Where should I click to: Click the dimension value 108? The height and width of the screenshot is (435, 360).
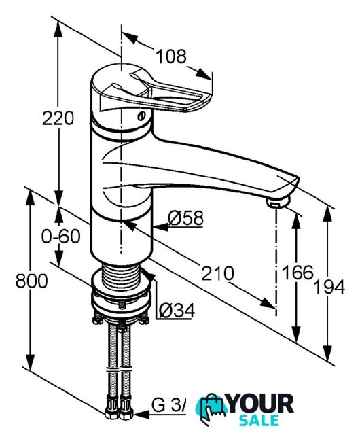[171, 56]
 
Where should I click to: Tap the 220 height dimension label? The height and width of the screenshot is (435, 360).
[58, 118]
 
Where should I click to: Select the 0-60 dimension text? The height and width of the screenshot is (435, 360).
[60, 237]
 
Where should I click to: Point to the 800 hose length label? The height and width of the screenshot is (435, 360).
[32, 281]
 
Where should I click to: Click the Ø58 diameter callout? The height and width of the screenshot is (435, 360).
[185, 218]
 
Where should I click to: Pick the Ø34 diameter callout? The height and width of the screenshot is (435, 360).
[177, 311]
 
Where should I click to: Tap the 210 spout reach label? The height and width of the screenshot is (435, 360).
[218, 273]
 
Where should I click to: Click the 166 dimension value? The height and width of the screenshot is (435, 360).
[298, 272]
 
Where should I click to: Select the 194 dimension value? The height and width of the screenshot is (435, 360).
[329, 287]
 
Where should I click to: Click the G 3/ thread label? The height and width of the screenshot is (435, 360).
[168, 405]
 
